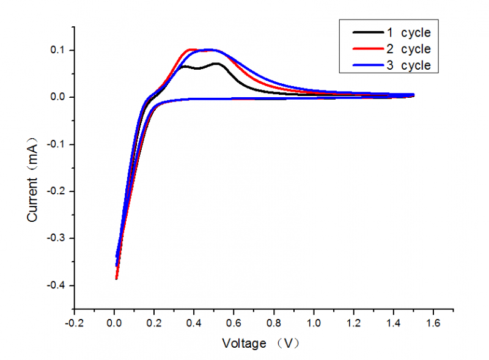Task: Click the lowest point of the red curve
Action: point(116,279)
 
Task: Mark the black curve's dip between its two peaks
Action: point(197,68)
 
